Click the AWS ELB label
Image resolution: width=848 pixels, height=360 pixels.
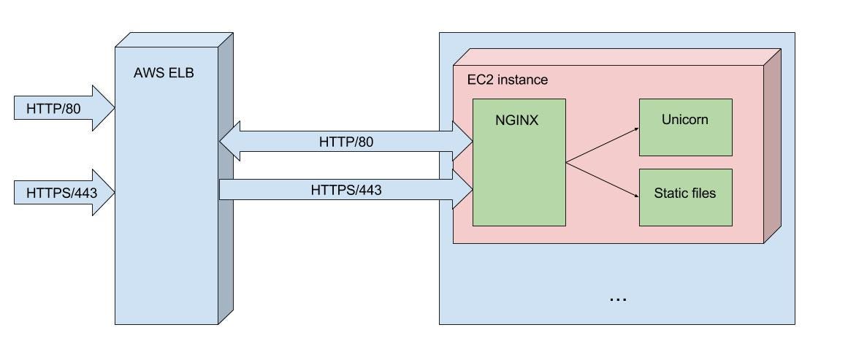point(164,73)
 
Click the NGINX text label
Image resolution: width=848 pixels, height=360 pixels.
point(516,120)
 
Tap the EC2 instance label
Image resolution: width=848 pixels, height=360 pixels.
point(507,80)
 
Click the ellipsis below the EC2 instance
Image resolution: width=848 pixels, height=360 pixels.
point(617,299)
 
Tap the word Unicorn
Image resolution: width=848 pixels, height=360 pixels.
point(685,120)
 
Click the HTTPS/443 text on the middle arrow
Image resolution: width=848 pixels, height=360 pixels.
point(346,190)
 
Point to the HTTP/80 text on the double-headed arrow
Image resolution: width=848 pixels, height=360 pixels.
point(346,142)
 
